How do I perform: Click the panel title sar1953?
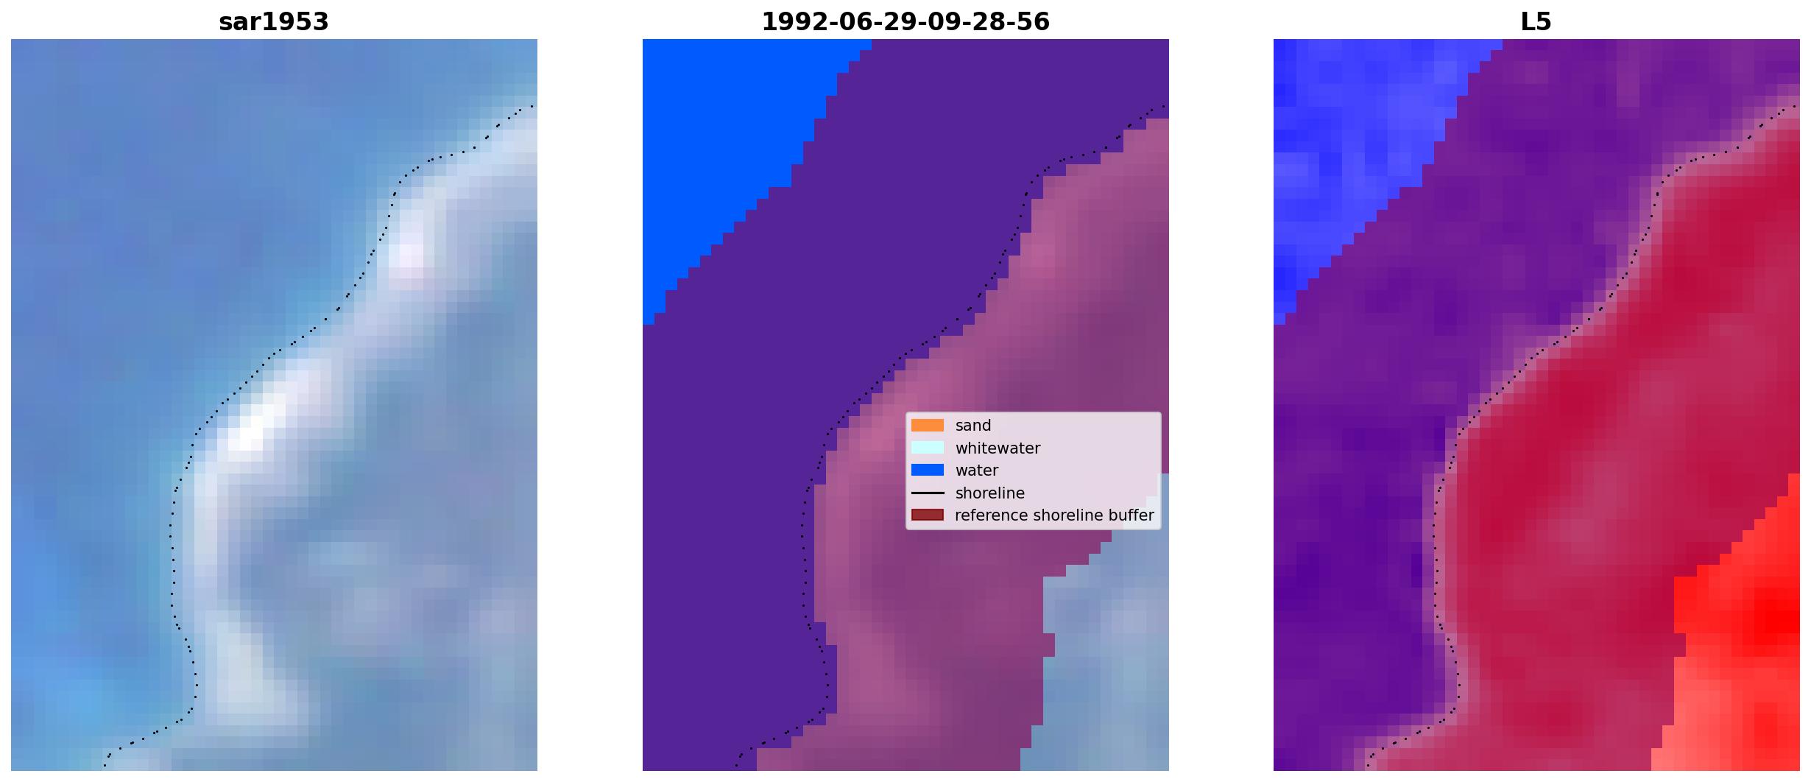[x=274, y=22]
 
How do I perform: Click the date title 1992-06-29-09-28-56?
[x=905, y=22]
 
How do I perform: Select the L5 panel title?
[x=1536, y=22]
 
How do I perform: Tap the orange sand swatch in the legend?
[x=928, y=426]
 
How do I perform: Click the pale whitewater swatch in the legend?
[x=928, y=448]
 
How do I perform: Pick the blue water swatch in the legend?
[x=928, y=470]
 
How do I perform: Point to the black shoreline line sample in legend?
[x=928, y=493]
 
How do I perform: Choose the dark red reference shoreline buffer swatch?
[x=928, y=515]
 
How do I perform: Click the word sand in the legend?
[x=973, y=426]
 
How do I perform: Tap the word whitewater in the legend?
[x=998, y=448]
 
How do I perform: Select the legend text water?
[x=977, y=471]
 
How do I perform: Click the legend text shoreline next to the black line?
[x=990, y=493]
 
